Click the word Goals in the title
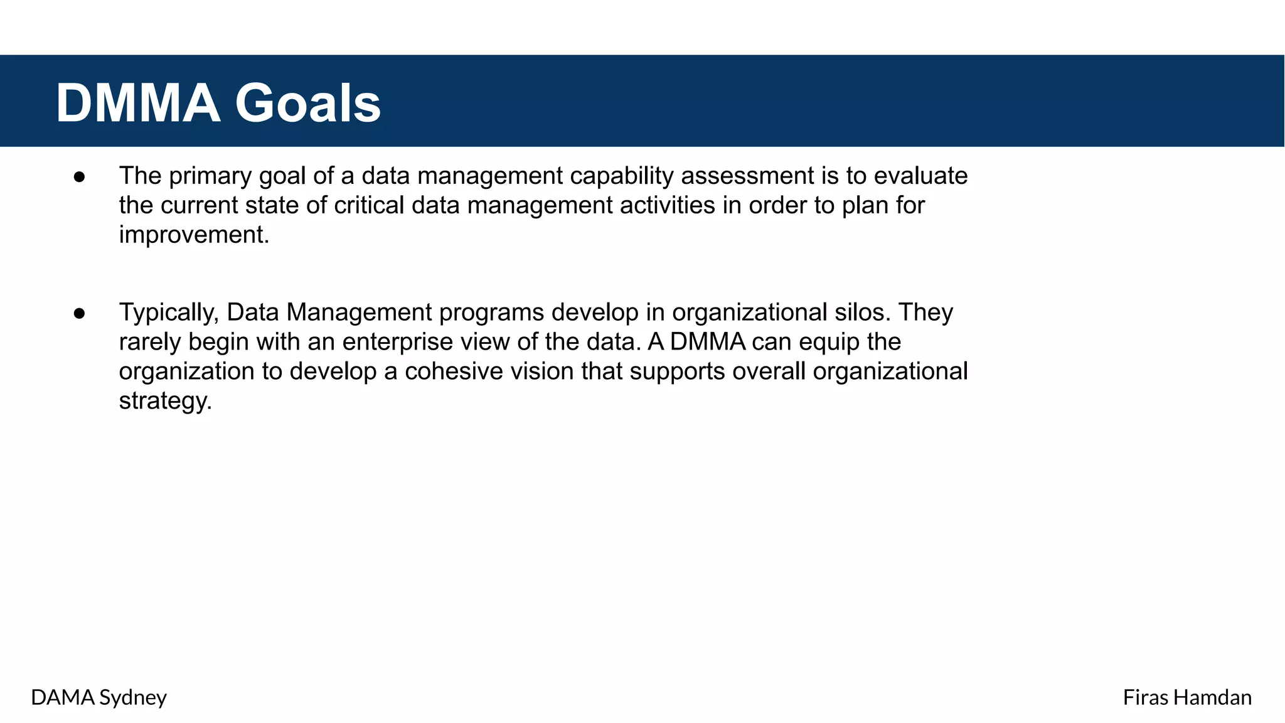pyautogui.click(x=307, y=104)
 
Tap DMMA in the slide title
pyautogui.click(x=138, y=104)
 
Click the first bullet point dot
pyautogui.click(x=79, y=177)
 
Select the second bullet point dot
pyautogui.click(x=79, y=313)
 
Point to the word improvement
pyautogui.click(x=194, y=235)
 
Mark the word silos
pyautogui.click(x=863, y=313)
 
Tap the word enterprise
pyautogui.click(x=398, y=343)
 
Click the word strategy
pyautogui.click(x=165, y=402)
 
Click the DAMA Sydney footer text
pyautogui.click(x=99, y=697)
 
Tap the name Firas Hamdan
pyautogui.click(x=1186, y=697)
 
